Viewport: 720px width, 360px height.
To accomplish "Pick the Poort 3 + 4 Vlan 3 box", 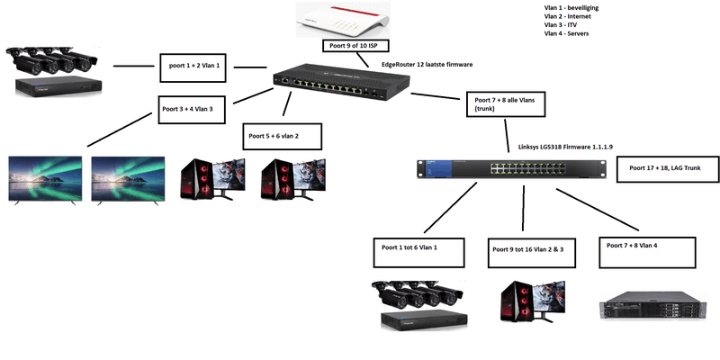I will (192, 108).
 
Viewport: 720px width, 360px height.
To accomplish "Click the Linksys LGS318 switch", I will (508, 168).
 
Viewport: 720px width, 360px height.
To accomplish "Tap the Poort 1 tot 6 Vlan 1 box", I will (419, 251).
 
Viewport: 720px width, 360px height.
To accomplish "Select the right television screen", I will (128, 180).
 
